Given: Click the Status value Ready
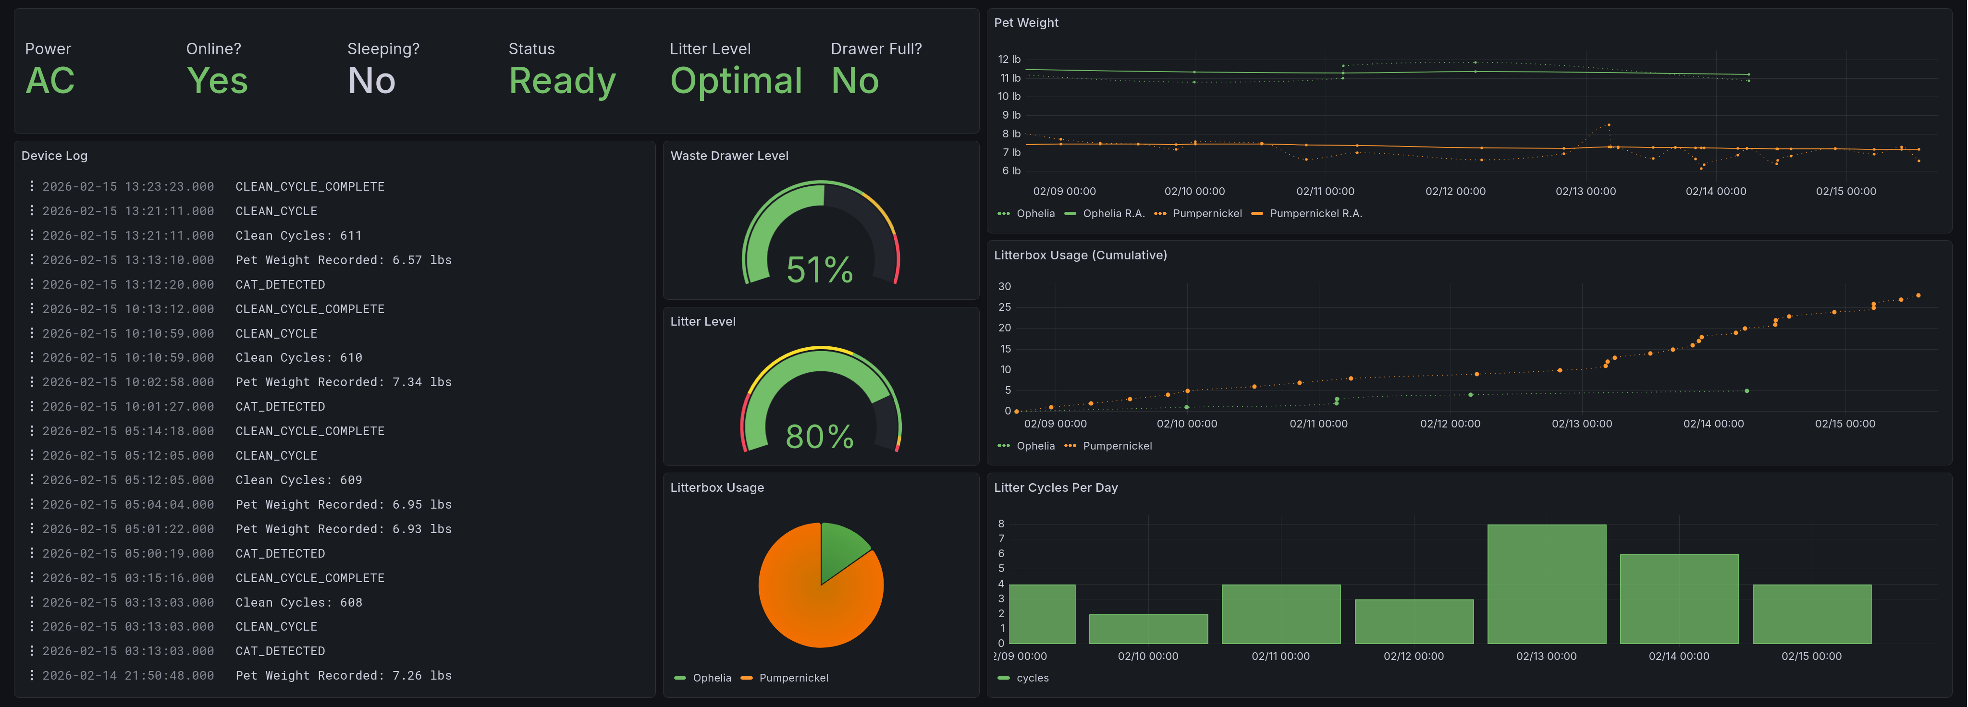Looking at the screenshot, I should (x=562, y=81).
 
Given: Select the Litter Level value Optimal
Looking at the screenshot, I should (x=736, y=81).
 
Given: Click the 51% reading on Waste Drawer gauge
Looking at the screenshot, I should (x=820, y=269).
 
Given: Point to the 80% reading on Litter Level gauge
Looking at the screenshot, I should (x=820, y=437).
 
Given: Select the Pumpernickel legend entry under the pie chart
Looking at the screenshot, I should (x=793, y=678).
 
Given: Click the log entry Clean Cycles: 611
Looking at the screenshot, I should (x=298, y=236).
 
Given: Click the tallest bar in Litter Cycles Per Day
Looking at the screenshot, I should (x=1546, y=584).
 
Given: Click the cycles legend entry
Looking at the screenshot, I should (x=1032, y=678).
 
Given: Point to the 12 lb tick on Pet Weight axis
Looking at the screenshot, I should (x=1009, y=60).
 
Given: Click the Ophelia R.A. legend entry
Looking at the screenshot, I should (x=1113, y=214).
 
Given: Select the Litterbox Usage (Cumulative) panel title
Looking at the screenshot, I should (x=1080, y=255).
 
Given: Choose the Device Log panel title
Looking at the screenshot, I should (x=54, y=156).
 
